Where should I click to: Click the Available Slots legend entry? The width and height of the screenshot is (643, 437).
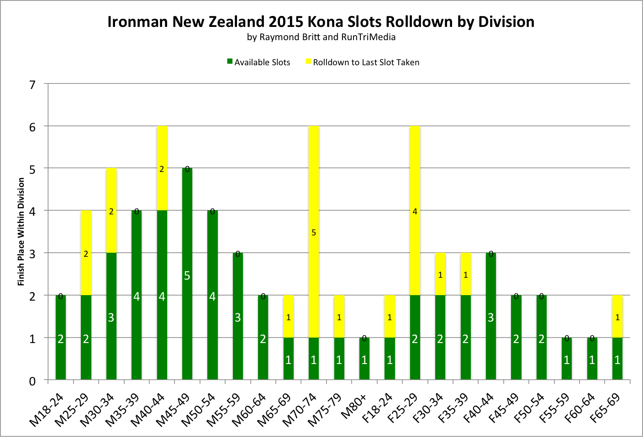258,62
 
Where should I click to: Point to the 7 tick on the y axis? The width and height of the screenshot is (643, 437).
32,84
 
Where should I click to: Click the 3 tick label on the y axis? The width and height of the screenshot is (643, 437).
32,254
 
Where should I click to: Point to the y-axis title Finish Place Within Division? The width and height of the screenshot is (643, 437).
21,232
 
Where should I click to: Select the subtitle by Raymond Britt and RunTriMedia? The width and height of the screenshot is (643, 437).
321,37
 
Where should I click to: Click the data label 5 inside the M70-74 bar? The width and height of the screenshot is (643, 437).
314,233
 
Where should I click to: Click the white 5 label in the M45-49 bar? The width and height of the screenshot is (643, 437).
187,276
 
